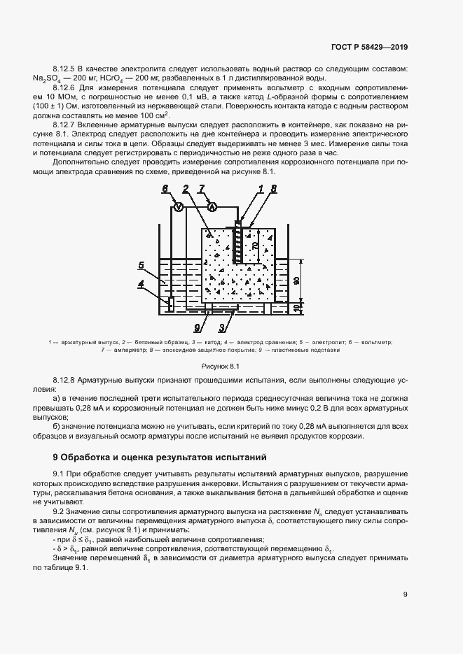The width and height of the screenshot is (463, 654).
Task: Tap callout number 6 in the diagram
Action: tap(164, 189)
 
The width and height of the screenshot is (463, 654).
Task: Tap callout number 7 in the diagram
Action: tap(202, 189)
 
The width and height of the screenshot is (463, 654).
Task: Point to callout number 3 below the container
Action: tap(223, 327)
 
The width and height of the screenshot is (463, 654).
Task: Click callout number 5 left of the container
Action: tap(141, 266)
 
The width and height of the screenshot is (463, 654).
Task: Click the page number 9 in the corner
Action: tap(406, 595)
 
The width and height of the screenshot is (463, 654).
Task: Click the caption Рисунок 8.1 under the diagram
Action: tap(220, 367)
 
